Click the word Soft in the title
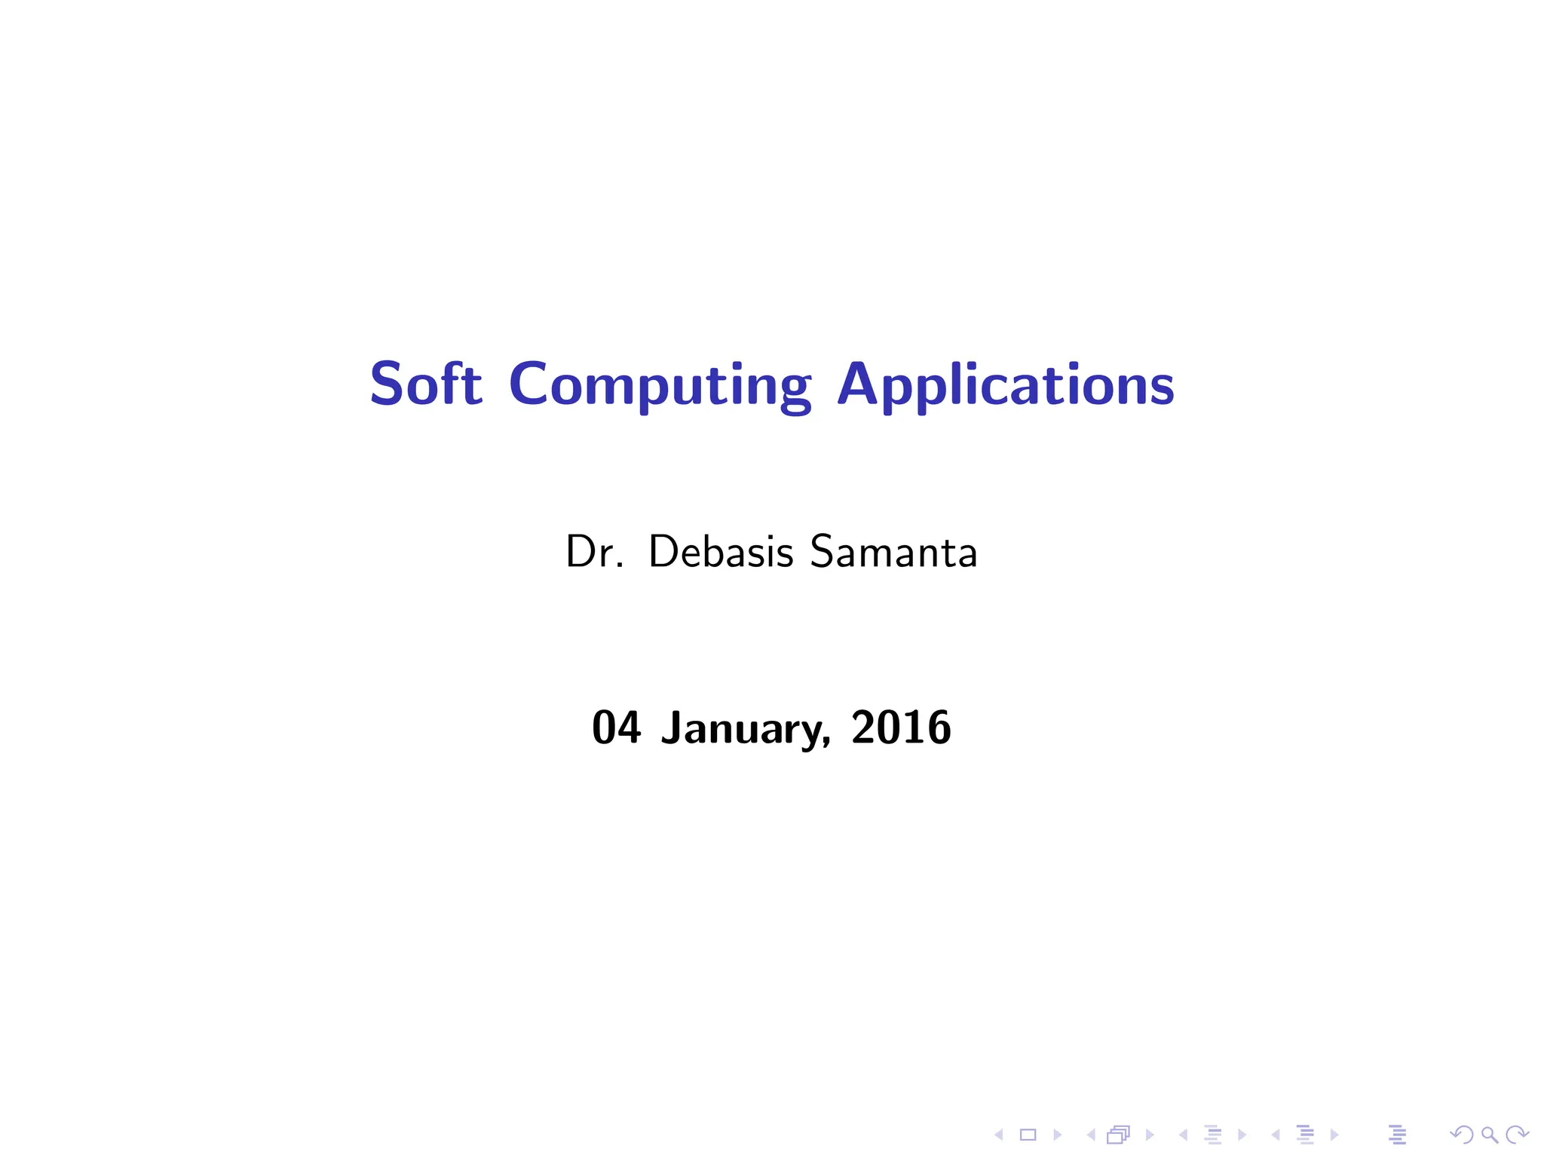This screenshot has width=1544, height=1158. click(x=425, y=384)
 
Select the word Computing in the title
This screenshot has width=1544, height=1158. click(x=660, y=386)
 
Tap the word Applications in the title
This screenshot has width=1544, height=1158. click(x=1005, y=386)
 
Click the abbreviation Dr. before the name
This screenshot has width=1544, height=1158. click(x=594, y=552)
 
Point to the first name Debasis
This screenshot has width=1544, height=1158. click(x=721, y=552)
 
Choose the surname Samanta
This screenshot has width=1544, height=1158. click(x=893, y=552)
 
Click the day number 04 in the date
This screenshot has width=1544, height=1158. click(x=616, y=728)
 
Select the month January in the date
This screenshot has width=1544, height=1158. click(x=745, y=729)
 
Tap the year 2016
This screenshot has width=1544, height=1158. click(x=901, y=728)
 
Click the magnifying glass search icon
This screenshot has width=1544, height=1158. click(x=1489, y=1135)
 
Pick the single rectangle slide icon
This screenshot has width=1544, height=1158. click(x=1028, y=1135)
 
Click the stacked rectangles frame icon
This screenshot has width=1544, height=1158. click(x=1119, y=1135)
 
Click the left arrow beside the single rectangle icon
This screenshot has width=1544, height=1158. click(x=998, y=1135)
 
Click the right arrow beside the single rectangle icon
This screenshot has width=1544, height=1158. click(x=1057, y=1135)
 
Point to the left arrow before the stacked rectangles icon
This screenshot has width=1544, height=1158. click(x=1090, y=1135)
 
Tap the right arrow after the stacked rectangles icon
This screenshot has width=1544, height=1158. click(x=1150, y=1135)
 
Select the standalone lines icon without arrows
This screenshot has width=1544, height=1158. click(x=1397, y=1135)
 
